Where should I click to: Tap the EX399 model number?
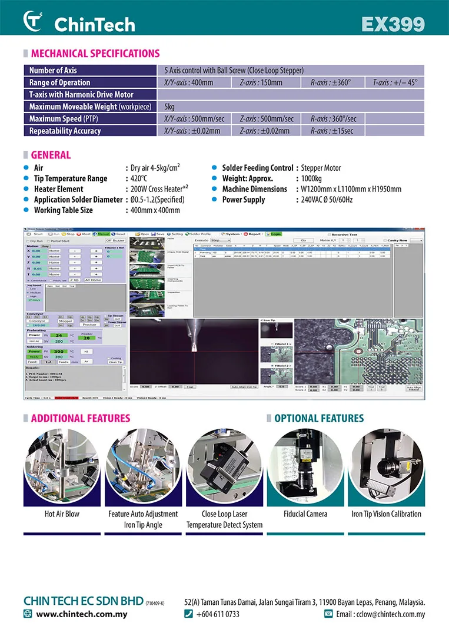click(x=393, y=24)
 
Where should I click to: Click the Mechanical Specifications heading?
click(x=95, y=54)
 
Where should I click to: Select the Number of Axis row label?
click(x=54, y=71)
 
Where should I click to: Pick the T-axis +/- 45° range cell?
click(x=395, y=82)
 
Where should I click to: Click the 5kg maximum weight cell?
click(x=170, y=107)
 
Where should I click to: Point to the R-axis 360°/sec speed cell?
click(x=333, y=118)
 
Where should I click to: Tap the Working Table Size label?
click(x=63, y=210)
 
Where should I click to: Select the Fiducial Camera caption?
click(x=305, y=514)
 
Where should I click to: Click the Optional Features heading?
click(x=319, y=418)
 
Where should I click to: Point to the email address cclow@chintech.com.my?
click(x=380, y=614)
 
